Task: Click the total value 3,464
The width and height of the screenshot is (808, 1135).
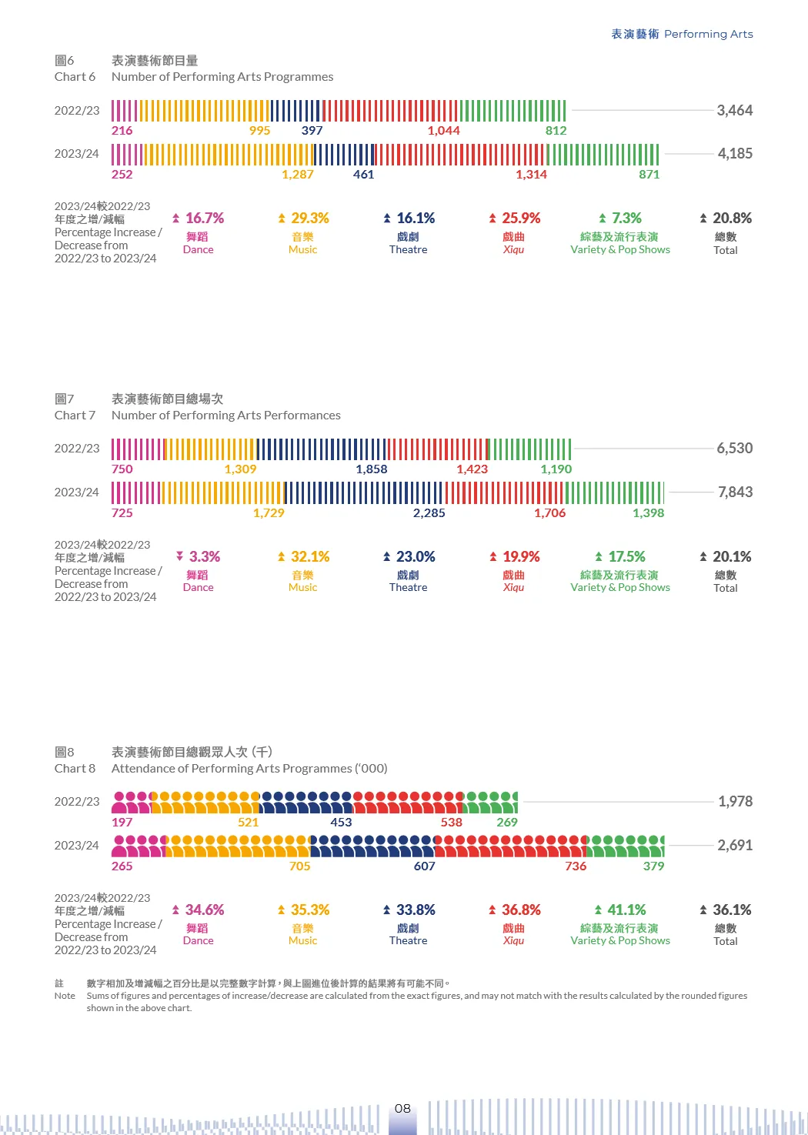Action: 734,110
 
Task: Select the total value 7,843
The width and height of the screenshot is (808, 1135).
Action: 735,492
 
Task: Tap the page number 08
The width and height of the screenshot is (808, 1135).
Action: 402,1108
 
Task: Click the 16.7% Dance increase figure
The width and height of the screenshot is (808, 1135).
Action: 204,219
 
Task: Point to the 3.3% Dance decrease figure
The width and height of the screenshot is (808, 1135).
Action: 204,556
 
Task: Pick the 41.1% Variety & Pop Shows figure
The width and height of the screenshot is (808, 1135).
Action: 626,910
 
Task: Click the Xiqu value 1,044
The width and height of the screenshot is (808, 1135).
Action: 443,131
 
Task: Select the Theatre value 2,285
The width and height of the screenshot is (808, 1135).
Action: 429,513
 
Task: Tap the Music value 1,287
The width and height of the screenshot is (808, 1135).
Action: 297,175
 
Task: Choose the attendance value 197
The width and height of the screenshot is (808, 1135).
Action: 122,823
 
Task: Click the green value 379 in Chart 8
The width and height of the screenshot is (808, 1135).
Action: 653,866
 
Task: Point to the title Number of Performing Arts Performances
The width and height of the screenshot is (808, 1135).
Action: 225,416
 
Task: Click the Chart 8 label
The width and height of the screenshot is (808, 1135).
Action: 75,769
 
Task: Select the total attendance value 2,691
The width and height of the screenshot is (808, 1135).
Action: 735,845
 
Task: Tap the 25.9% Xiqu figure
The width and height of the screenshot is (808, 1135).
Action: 521,219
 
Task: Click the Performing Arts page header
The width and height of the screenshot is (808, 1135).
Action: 682,34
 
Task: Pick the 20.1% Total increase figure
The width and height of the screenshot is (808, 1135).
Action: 731,556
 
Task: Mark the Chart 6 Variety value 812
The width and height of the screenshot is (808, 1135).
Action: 556,131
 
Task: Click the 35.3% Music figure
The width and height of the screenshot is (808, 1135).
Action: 309,910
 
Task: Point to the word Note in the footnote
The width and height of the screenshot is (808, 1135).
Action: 65,996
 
